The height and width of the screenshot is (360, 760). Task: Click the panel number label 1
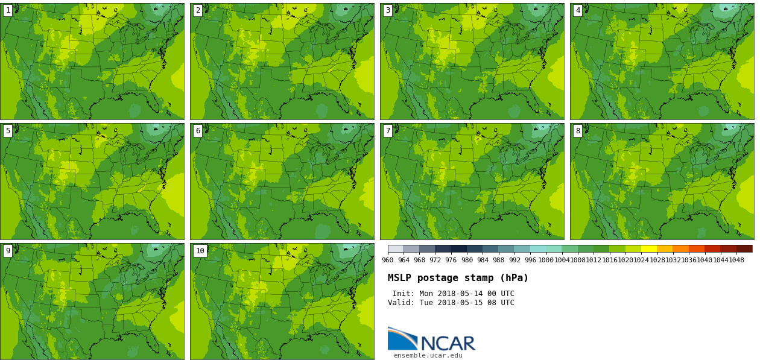8,10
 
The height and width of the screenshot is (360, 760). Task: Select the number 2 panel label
198,10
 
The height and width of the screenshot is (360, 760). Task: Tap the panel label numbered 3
388,10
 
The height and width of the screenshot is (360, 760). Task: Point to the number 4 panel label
578,10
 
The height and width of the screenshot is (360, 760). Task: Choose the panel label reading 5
8,131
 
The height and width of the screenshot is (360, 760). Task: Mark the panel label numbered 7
388,131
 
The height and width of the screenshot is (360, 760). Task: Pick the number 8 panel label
578,131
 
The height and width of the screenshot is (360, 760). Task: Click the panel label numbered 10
200,251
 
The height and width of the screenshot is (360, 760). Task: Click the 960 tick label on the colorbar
388,261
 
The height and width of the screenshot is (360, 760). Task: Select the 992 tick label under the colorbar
515,261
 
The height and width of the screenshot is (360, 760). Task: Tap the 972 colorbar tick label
435,261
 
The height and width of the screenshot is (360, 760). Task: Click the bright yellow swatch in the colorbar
649,248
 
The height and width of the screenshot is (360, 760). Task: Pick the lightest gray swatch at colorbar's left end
396,248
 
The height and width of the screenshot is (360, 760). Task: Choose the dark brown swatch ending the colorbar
744,248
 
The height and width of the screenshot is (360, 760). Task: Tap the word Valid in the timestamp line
400,303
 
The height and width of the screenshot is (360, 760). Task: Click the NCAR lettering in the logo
448,344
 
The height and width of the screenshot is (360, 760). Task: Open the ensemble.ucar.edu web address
428,356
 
